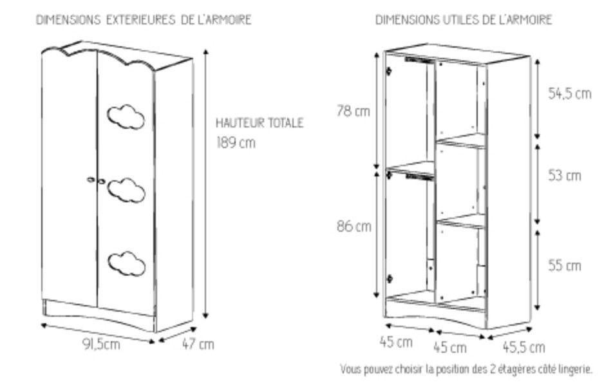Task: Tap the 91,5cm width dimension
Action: coord(100,344)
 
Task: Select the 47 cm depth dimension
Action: coord(198,344)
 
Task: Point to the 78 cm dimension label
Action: coord(353,111)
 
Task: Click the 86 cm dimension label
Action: coord(354,227)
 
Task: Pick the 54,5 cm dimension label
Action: coord(569,94)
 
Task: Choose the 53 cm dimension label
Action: coord(565,175)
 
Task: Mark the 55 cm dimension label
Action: coord(565,265)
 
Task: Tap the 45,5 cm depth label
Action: coord(523,348)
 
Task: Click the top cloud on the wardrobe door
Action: coord(126,117)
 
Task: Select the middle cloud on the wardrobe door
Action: coord(126,189)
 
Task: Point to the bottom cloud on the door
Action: coord(126,263)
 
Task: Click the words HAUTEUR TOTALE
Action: coord(259,122)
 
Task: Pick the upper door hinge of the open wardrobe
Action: coord(388,71)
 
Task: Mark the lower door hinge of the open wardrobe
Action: coord(389,278)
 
